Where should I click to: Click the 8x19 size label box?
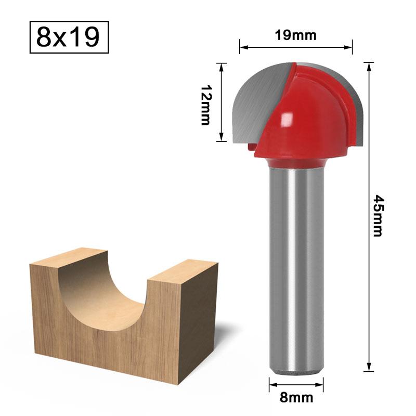click(x=69, y=37)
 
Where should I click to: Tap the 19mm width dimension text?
click(x=295, y=35)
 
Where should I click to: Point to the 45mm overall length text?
click(x=378, y=215)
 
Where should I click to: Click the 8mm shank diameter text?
click(x=296, y=398)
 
